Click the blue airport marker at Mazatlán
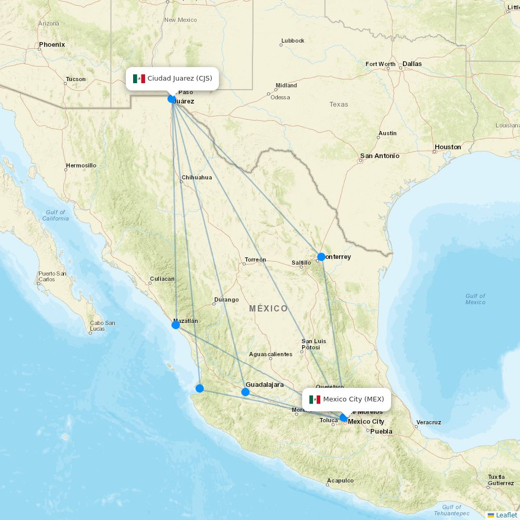(x=176, y=325)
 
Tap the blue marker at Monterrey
(x=321, y=256)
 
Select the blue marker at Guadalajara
(x=245, y=392)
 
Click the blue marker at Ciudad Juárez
(x=172, y=99)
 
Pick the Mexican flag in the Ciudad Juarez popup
(x=139, y=79)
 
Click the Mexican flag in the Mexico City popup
(x=315, y=399)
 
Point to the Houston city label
(x=448, y=147)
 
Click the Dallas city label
(x=412, y=64)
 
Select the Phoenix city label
(x=52, y=45)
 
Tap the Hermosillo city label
(x=81, y=166)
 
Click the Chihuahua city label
(x=197, y=177)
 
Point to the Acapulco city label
(x=341, y=480)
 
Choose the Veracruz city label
(x=428, y=422)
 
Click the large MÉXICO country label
(x=268, y=308)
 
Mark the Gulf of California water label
(x=55, y=215)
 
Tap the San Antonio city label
(x=380, y=156)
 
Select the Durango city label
(x=226, y=300)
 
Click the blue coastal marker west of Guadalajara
(x=200, y=388)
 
